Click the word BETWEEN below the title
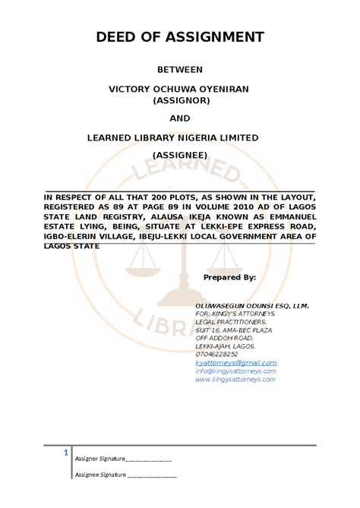point(179,70)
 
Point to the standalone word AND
point(179,118)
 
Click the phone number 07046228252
point(216,354)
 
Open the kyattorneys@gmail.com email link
point(236,363)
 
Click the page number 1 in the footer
point(67,453)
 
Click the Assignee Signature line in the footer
point(125,475)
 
